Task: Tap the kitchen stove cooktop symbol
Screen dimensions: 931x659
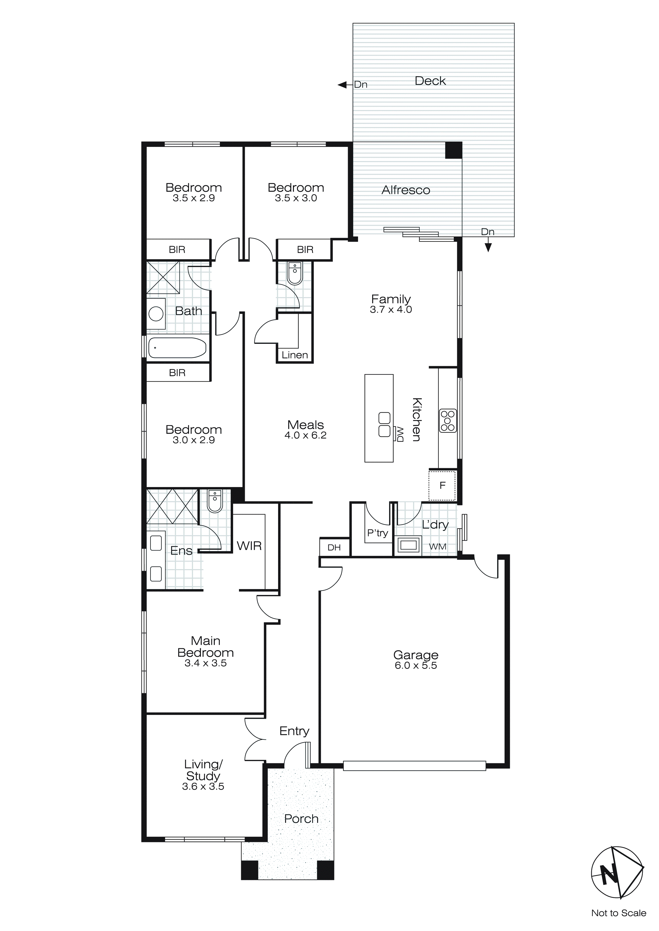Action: click(448, 421)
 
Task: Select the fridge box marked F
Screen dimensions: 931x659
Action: click(442, 485)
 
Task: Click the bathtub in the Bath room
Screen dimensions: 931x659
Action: click(177, 348)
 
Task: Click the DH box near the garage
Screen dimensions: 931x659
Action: click(334, 547)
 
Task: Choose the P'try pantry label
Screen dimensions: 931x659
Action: click(377, 533)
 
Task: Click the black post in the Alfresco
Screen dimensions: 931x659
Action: click(454, 150)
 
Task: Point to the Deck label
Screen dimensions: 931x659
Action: click(430, 81)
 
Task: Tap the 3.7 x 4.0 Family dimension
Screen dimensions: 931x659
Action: click(391, 310)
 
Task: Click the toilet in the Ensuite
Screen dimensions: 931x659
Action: click(215, 502)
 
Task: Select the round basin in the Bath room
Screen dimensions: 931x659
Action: click(156, 314)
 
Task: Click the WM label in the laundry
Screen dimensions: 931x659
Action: click(438, 547)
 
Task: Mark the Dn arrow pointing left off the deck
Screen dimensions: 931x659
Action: click(343, 85)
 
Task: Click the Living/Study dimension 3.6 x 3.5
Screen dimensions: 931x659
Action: click(203, 786)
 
